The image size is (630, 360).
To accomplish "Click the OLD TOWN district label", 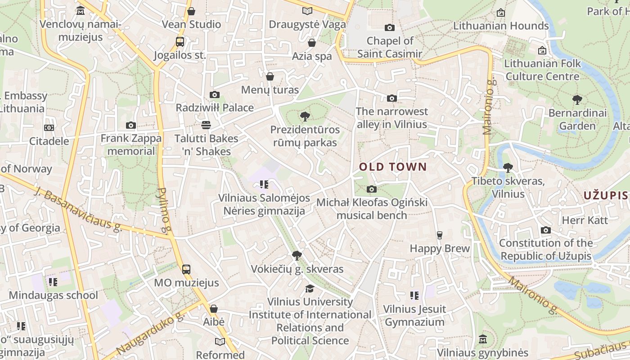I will [x=393, y=167].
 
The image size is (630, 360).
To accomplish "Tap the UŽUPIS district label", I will [x=605, y=195].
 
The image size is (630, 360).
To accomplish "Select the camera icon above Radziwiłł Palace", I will [x=215, y=94].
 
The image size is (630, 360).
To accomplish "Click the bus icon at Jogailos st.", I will [x=180, y=42].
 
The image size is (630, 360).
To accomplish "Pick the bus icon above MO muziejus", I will [x=186, y=270].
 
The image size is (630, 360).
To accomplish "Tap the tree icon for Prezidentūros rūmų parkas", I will [x=305, y=117].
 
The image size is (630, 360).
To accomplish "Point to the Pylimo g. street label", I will [x=164, y=211].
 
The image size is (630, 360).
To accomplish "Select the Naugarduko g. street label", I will [x=150, y=332].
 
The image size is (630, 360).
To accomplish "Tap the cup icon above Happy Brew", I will [x=440, y=235].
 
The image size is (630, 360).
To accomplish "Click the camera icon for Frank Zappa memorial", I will [x=131, y=125].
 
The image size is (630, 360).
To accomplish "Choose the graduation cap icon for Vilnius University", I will [x=310, y=288].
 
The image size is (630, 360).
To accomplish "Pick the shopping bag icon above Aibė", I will [x=214, y=309].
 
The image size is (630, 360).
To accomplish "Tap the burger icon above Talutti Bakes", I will [x=206, y=125].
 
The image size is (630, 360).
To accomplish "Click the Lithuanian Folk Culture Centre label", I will [x=542, y=70].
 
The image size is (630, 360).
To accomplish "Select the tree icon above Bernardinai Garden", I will [x=577, y=99].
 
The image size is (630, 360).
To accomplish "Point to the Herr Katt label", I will [x=585, y=220].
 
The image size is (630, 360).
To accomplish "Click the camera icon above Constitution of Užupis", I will [x=546, y=230].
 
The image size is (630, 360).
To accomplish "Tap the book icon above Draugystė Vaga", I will [x=307, y=11].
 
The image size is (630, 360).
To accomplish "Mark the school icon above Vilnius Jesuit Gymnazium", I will [x=414, y=296].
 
